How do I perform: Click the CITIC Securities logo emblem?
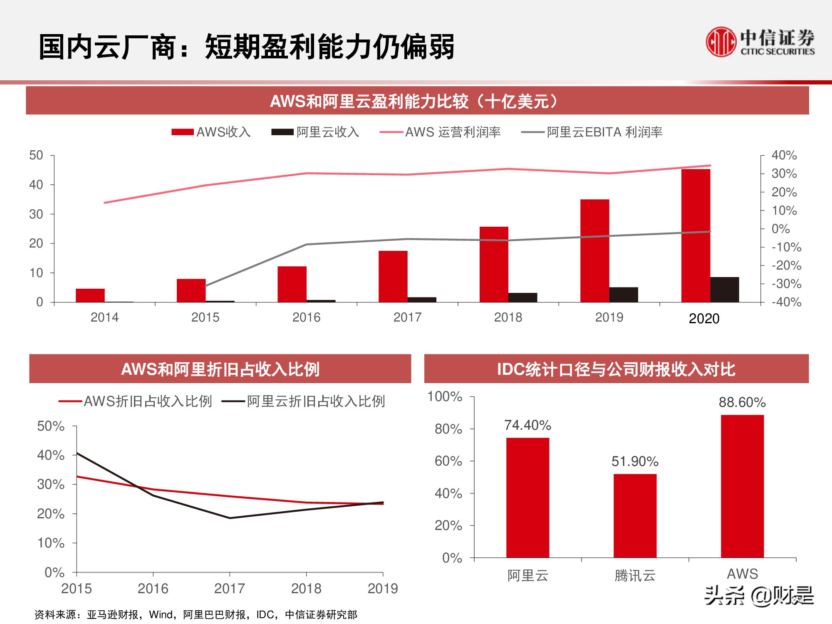point(721,42)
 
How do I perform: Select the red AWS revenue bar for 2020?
point(696,235)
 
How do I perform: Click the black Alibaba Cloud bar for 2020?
point(725,290)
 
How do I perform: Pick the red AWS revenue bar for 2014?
point(90,295)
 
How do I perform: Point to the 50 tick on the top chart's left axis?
point(36,156)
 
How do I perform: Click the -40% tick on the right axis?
point(786,302)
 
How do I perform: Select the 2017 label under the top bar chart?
point(407,317)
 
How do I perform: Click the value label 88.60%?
point(742,402)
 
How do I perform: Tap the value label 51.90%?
point(635,461)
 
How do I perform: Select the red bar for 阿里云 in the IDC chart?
point(527,498)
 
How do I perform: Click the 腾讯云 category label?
point(635,576)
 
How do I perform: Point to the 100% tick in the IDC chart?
point(445,396)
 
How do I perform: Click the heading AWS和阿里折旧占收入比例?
point(220,369)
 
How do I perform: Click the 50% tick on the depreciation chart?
point(51,426)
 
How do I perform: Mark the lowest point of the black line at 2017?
point(230,518)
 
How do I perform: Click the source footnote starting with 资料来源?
point(196,614)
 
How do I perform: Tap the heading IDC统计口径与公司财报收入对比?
point(616,369)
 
